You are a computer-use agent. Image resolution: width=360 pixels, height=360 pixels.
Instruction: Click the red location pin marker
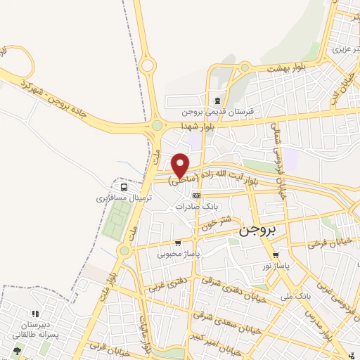pos(181,165)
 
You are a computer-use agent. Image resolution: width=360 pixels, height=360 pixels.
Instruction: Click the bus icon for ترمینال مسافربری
pos(124,188)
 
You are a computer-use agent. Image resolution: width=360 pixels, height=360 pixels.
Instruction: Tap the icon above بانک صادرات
pos(196,195)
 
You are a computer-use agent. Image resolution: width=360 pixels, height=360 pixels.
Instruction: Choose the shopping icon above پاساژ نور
pos(276,256)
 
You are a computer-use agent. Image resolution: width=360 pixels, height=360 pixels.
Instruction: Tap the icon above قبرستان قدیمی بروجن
pos(217,100)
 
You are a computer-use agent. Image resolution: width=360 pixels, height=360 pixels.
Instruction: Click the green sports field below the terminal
pos(117,219)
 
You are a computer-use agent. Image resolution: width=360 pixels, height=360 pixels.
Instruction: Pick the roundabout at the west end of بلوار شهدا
pos(156,128)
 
